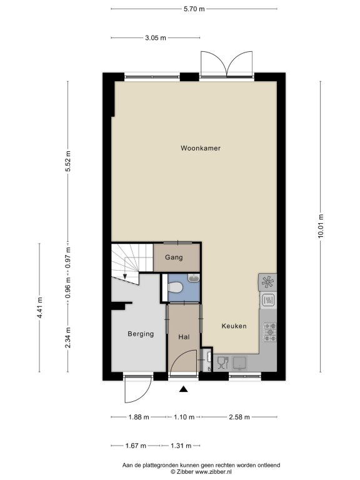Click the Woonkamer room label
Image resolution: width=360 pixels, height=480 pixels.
point(201,148)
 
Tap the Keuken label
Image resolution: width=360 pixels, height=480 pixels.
point(234,326)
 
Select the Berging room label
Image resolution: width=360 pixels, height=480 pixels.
point(141,334)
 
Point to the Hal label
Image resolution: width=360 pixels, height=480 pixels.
point(184,337)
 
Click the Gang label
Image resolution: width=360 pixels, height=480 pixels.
point(174,257)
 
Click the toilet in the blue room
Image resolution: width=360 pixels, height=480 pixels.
point(175,287)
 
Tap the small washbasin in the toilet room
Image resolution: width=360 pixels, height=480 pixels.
point(194,278)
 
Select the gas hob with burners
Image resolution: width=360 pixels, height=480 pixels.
point(270,332)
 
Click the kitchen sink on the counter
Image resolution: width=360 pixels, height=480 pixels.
point(240,363)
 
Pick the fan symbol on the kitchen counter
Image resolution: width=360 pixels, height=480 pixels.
point(267,282)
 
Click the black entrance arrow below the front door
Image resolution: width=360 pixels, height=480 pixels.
point(183,389)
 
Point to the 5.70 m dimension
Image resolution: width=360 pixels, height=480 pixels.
point(194,9)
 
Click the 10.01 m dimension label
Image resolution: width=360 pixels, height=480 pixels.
point(321,226)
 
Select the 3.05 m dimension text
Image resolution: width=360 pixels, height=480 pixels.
point(155,38)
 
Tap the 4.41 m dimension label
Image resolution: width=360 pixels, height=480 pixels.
point(39,307)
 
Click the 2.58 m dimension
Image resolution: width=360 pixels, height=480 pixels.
point(239,417)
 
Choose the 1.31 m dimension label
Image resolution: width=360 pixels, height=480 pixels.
point(181,446)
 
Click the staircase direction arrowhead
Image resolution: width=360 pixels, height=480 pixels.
point(125,277)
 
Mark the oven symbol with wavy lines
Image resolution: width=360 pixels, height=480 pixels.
point(268,300)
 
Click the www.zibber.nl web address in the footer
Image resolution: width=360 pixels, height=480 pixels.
point(213,472)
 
